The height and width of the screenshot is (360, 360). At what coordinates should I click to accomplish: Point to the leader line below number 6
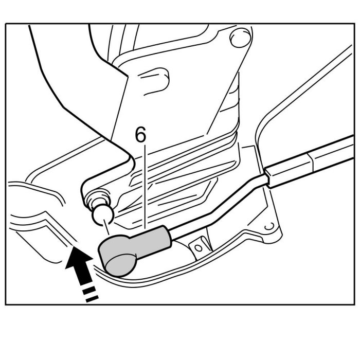(x=146, y=185)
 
